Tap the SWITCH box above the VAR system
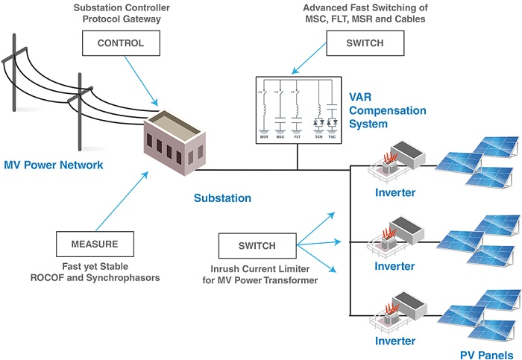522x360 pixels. click(365, 44)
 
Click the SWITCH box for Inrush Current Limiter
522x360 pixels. click(257, 245)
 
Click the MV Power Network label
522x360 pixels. click(54, 165)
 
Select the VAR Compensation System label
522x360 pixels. click(388, 110)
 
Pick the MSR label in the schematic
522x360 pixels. click(264, 137)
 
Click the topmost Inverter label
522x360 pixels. click(394, 193)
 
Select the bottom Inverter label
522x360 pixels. click(394, 341)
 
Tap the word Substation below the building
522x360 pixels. click(222, 198)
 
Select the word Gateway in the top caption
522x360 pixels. click(141, 19)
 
